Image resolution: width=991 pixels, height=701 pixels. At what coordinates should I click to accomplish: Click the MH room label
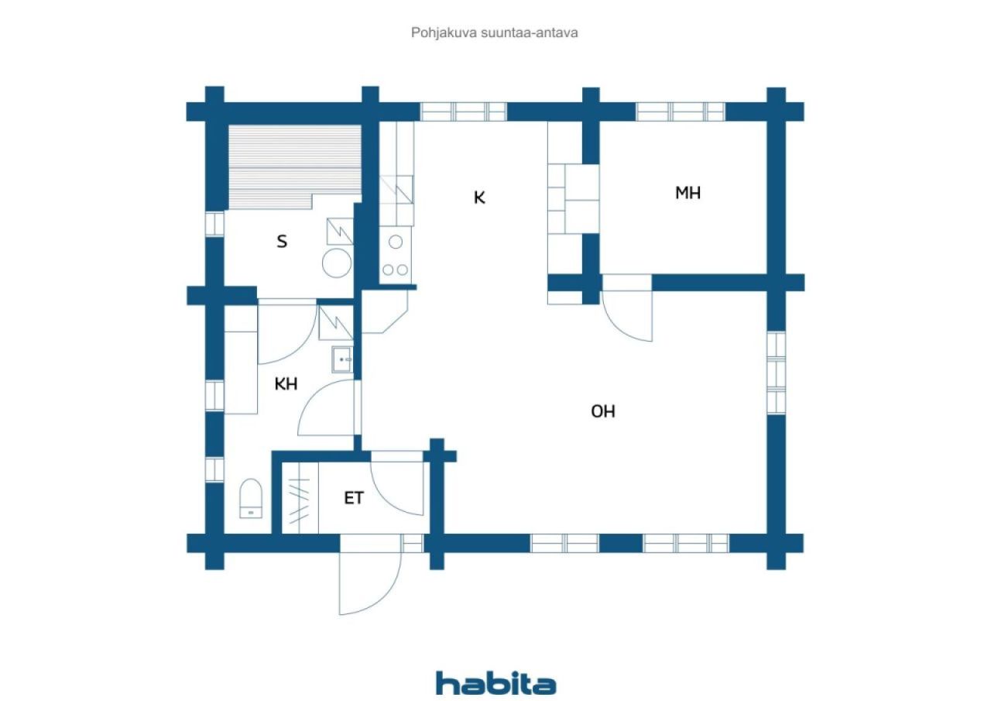click(688, 193)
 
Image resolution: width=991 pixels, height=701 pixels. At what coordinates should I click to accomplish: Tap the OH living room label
click(603, 411)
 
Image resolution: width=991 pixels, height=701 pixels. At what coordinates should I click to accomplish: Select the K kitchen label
click(479, 198)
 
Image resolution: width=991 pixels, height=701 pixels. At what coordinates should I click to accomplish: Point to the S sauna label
click(282, 242)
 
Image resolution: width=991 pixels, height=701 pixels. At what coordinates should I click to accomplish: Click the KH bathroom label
click(286, 383)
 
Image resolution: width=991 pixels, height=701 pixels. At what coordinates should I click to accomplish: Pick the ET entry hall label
click(354, 498)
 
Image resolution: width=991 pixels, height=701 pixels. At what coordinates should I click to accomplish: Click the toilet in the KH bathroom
click(251, 498)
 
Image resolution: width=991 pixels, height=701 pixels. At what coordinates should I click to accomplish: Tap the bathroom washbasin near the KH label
click(342, 359)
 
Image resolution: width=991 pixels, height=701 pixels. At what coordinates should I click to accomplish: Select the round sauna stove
click(337, 263)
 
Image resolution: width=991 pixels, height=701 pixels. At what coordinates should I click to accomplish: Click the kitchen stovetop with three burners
click(396, 256)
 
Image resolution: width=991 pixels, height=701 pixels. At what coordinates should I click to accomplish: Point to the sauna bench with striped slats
click(295, 167)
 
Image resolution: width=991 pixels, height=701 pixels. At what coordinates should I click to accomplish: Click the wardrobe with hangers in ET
click(300, 498)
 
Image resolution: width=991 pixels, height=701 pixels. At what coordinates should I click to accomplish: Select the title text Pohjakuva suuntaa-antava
click(494, 33)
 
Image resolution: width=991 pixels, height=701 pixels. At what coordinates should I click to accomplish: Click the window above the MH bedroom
click(681, 112)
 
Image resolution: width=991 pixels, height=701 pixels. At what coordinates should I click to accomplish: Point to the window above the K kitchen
click(463, 112)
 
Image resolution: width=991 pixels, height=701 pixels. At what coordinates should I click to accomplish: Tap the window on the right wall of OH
click(776, 373)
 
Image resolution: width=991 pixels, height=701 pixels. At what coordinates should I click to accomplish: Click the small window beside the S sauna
click(214, 224)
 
